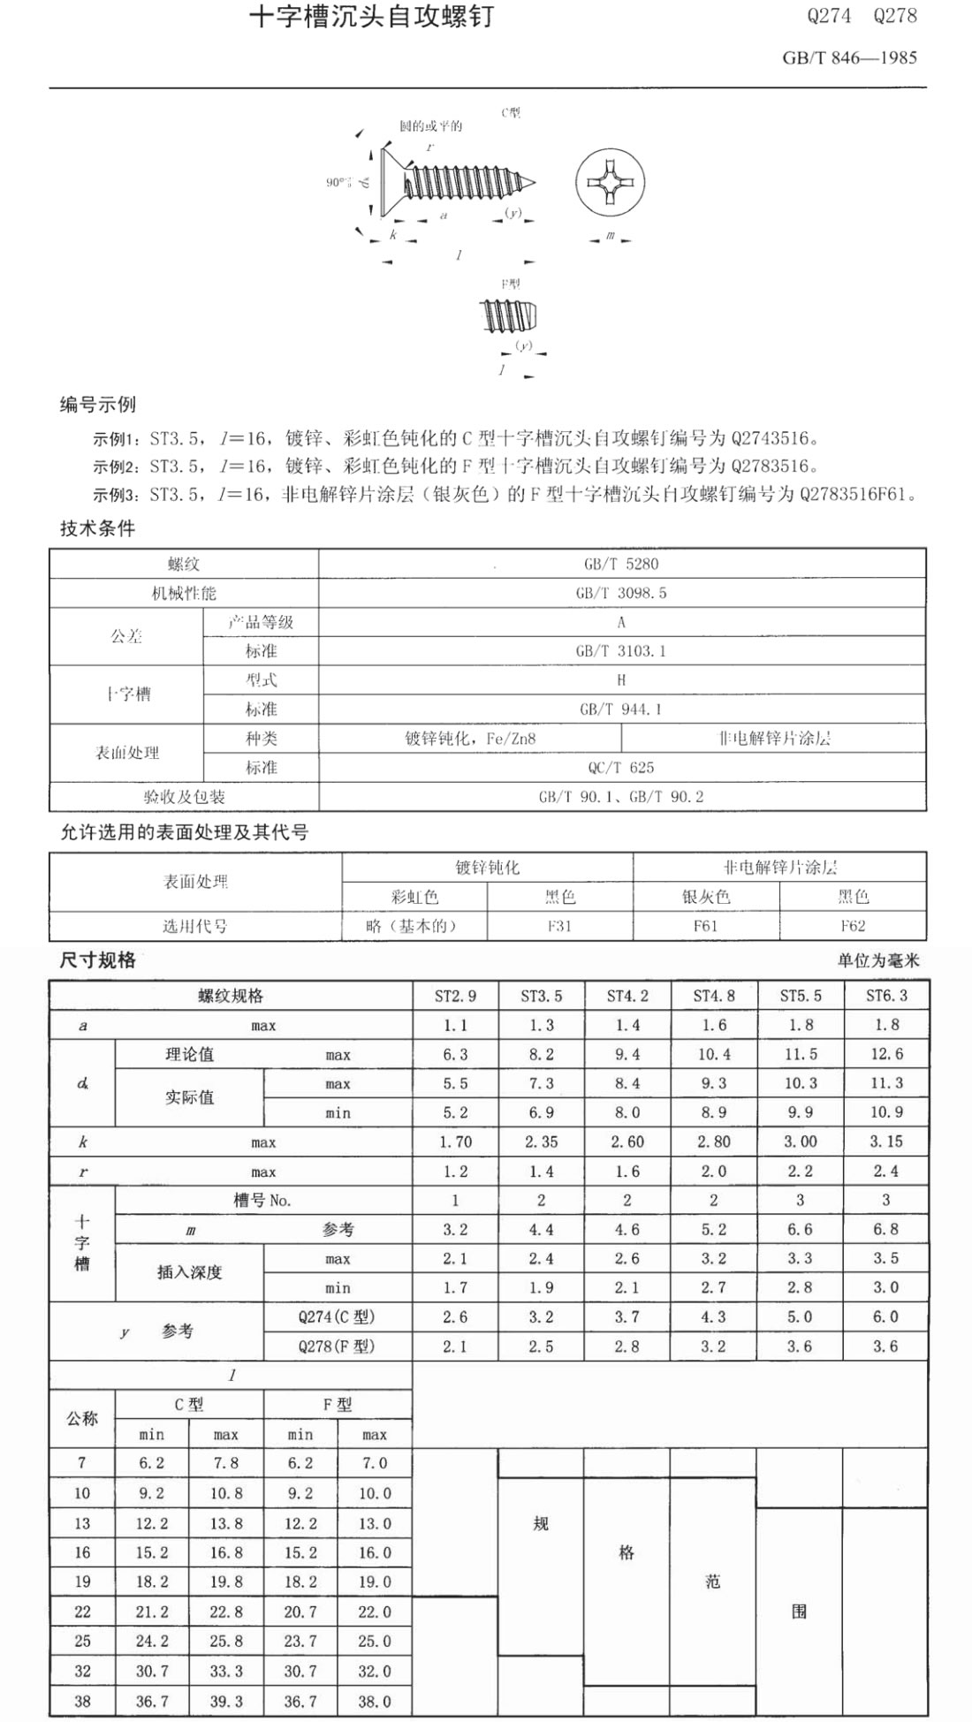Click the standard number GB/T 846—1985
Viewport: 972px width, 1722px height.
(x=849, y=58)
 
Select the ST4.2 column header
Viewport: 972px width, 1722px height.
(x=627, y=996)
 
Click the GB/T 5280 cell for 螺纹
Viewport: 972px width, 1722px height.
(x=621, y=564)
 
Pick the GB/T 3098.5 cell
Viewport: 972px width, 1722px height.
(x=621, y=593)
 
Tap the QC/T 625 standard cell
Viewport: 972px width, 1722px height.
(x=621, y=767)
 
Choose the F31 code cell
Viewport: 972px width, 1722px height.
(x=559, y=926)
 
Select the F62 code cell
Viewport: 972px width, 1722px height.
(x=853, y=926)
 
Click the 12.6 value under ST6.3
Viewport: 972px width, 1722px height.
(x=886, y=1054)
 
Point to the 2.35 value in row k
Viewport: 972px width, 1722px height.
(x=541, y=1142)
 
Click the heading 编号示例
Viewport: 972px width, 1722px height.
(x=98, y=406)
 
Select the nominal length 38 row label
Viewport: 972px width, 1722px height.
(x=82, y=1701)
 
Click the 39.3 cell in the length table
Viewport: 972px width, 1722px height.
(x=226, y=1701)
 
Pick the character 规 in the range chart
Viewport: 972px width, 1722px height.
(x=541, y=1523)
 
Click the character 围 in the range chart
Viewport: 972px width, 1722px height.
(x=799, y=1611)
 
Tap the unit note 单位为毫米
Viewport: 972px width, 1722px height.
(x=878, y=960)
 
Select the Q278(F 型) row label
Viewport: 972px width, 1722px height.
(x=337, y=1346)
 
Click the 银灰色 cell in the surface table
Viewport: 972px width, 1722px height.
(x=706, y=897)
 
